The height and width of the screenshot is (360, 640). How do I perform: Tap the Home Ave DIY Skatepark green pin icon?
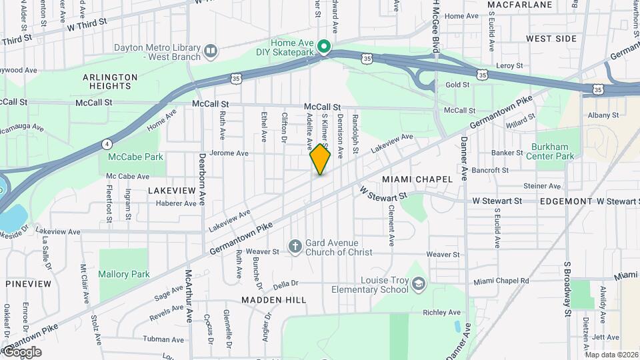pos(324,46)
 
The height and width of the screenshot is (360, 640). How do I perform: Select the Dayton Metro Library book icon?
pos(211,51)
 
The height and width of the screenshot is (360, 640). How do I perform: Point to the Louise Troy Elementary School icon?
pos(417,285)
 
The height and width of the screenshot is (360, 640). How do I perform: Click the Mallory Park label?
pos(123,274)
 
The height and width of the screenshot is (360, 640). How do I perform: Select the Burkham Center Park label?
pos(553,151)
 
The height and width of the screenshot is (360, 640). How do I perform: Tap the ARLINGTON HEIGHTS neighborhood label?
pos(110,81)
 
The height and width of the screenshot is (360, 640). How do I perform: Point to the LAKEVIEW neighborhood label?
pos(172,190)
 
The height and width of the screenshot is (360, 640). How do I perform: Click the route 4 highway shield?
pos(107,143)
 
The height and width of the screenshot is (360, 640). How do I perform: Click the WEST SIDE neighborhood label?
pos(551,39)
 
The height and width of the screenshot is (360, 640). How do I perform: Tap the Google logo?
pos(22,352)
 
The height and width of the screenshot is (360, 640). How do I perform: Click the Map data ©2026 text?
pos(611,354)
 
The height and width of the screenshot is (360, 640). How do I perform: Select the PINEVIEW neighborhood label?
pos(29,284)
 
